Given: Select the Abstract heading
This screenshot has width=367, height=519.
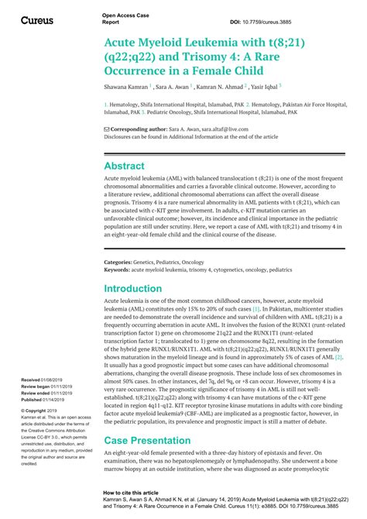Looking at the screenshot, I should [124, 166].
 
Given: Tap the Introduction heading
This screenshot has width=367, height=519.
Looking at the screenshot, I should [132, 288].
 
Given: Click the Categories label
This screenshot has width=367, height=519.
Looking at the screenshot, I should [120, 263].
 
